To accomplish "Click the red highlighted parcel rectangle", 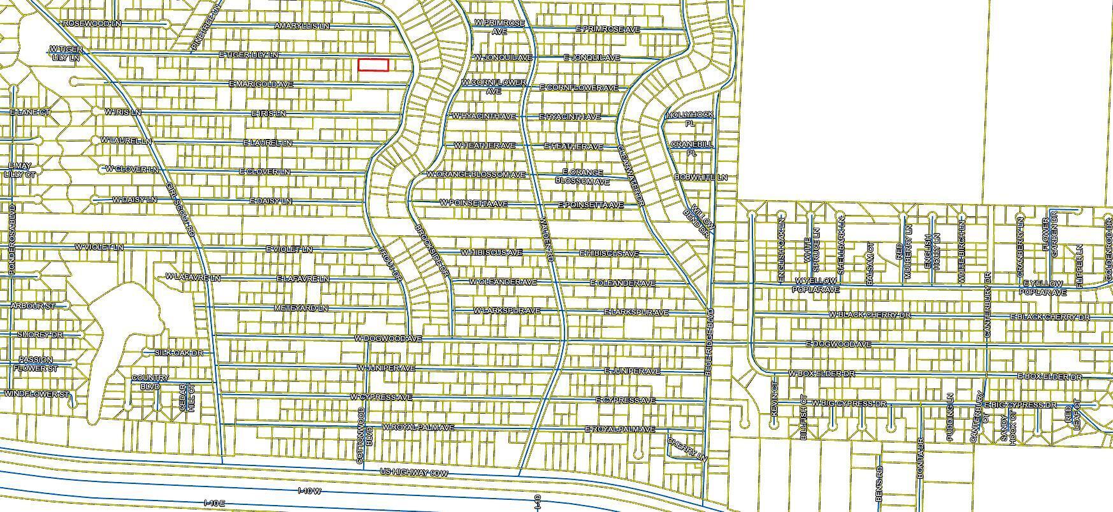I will (x=373, y=64).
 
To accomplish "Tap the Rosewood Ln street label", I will (x=92, y=24).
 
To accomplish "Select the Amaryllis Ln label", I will (x=302, y=26).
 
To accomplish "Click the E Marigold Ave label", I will (x=261, y=84).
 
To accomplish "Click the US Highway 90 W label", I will (x=414, y=473).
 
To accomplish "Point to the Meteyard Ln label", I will (x=301, y=309).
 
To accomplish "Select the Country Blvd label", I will (x=150, y=382).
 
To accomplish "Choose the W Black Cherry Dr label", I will (x=870, y=315).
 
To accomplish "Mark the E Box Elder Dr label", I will (x=1049, y=377).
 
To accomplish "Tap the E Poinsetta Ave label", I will (x=591, y=205).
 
